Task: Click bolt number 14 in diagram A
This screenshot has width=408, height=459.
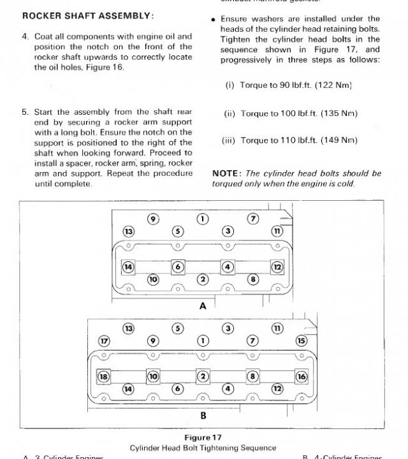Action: point(128,267)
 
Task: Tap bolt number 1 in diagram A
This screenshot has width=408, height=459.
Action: point(203,219)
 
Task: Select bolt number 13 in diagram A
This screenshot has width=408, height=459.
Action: point(129,231)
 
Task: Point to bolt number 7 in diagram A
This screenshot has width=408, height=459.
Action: point(252,219)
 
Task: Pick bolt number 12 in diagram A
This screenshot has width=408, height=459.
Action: point(277,267)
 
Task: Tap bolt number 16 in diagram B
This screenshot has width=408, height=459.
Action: point(301,376)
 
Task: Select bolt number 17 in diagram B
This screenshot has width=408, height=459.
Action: point(104,340)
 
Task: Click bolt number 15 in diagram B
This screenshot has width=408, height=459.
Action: point(301,340)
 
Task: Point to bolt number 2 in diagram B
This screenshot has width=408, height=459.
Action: point(203,376)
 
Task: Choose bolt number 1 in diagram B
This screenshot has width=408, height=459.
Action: point(203,340)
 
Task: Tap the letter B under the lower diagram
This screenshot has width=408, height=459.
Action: point(203,416)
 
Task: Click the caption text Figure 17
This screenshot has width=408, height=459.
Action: point(203,438)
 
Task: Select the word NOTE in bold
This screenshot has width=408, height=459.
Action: point(226,173)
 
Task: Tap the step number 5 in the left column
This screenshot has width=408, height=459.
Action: point(25,111)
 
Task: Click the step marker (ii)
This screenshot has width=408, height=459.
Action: point(229,113)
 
